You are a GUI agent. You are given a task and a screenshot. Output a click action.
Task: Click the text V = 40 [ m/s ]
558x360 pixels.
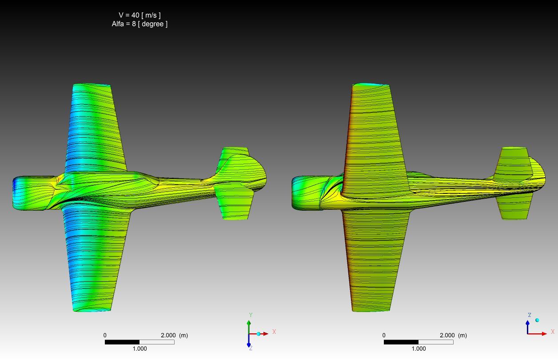click(x=139, y=15)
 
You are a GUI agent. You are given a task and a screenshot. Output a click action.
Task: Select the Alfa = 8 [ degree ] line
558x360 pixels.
click(x=139, y=24)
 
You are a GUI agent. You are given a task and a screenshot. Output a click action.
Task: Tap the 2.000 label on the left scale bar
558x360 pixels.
click(x=168, y=335)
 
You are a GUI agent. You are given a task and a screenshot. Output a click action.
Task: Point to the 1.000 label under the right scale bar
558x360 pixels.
click(x=418, y=348)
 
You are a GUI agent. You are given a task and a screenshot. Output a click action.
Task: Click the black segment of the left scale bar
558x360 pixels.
click(x=122, y=342)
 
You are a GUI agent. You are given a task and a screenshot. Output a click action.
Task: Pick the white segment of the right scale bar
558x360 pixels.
click(x=436, y=342)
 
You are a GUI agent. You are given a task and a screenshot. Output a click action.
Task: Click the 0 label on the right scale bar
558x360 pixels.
click(x=384, y=335)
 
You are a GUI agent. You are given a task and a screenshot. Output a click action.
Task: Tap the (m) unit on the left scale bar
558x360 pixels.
click(x=183, y=335)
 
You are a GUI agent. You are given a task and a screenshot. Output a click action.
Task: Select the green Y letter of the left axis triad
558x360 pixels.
click(x=251, y=315)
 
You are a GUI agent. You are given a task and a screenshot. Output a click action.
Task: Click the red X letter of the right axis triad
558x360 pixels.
click(x=553, y=332)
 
